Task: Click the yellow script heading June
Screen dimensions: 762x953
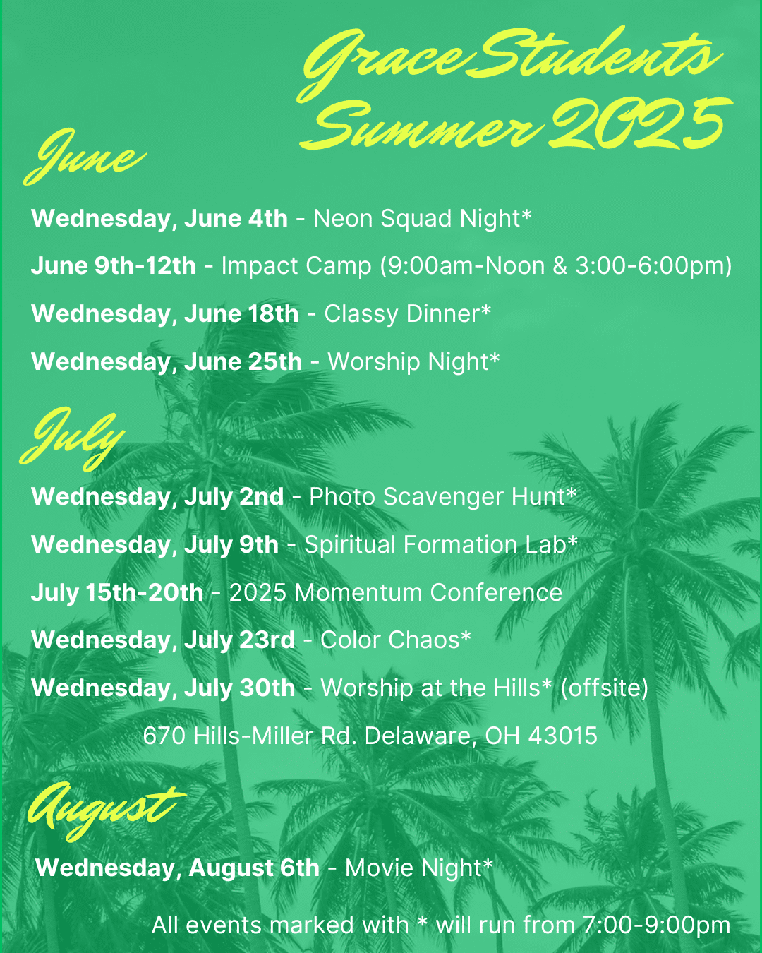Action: coord(84,157)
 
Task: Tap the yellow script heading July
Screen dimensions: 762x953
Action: coord(72,438)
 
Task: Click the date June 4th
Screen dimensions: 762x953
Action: coord(236,218)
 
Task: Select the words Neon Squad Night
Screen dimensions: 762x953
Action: coord(417,219)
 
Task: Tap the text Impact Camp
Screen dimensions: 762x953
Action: coord(296,266)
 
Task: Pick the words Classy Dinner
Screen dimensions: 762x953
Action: coord(402,314)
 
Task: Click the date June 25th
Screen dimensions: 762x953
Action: coord(243,361)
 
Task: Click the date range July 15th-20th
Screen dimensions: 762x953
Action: coord(117,592)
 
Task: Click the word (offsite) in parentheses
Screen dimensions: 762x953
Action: coord(605,688)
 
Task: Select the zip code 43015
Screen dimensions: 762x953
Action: coord(563,736)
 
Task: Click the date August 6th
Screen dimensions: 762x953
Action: coord(254,868)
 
